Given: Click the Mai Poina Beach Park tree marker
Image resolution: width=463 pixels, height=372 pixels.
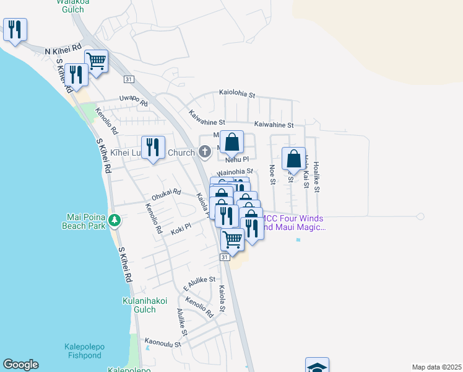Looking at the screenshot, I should (115, 220).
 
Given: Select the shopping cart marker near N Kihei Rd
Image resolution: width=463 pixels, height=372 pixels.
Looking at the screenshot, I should (96, 61).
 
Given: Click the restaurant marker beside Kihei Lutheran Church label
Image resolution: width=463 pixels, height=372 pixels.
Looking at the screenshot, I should (153, 148).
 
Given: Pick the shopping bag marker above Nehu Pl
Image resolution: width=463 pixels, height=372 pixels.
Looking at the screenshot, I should (231, 142).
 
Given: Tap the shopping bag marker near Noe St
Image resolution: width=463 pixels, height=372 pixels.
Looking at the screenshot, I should (293, 159).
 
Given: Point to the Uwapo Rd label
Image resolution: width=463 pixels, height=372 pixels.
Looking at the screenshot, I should (133, 99).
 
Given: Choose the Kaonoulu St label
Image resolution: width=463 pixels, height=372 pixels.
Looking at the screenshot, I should (163, 342).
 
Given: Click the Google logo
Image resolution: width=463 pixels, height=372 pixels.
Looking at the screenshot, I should (20, 365).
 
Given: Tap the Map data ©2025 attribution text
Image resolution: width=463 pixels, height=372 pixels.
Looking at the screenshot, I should (436, 367).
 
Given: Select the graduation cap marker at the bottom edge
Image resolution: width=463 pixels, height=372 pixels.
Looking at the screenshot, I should (317, 366).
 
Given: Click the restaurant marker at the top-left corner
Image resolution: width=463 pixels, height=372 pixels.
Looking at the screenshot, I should (15, 29).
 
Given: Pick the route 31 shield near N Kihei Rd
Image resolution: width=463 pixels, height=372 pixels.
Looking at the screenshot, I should (128, 79).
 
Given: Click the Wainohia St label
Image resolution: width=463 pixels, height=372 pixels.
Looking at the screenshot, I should (235, 171).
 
